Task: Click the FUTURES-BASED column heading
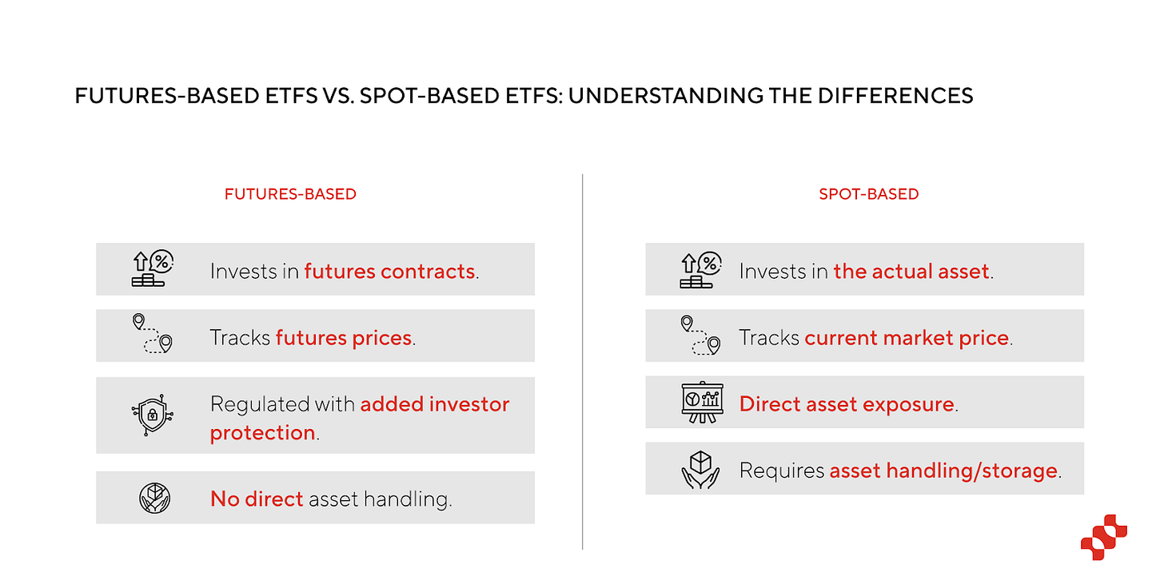point(290,194)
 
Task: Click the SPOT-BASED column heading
point(869,194)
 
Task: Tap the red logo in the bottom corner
point(1104,538)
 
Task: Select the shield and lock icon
point(152,415)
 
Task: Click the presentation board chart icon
point(702,403)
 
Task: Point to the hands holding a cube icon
point(700,470)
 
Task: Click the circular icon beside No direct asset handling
point(154,498)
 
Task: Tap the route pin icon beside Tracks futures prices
point(152,334)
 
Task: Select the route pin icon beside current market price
point(700,336)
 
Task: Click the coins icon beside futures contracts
point(152,268)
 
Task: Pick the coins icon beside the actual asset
point(700,269)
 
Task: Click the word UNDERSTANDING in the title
point(666,96)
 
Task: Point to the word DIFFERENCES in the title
point(895,96)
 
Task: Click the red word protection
point(262,433)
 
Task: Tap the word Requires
point(782,471)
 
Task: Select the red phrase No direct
point(257,499)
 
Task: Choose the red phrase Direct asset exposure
point(847,404)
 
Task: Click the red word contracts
point(428,272)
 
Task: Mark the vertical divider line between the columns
point(583,362)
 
